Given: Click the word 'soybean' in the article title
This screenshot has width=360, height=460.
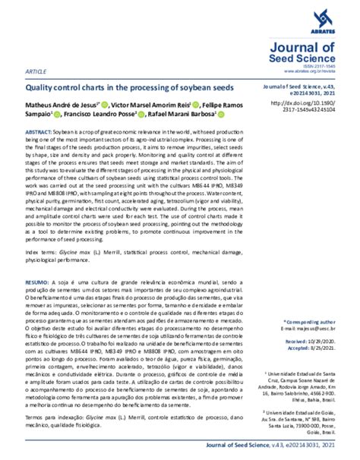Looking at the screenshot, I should (x=200, y=88).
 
